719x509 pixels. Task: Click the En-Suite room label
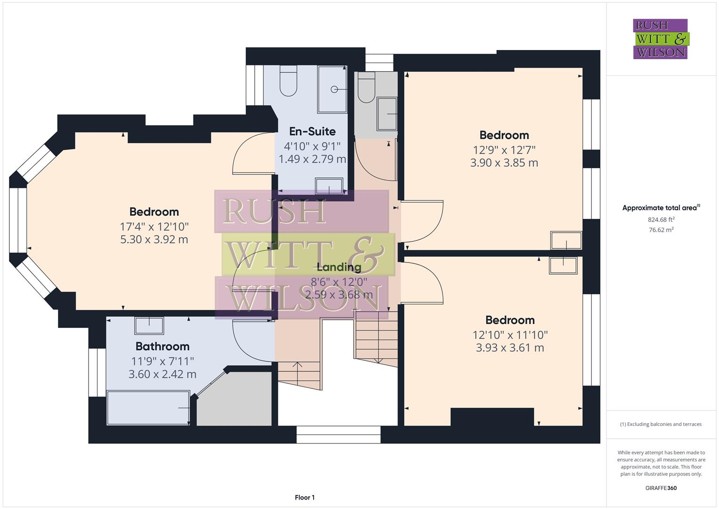[312, 131]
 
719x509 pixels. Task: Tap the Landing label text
[339, 267]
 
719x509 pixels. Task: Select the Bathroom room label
[162, 346]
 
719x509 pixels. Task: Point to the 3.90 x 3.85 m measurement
[504, 163]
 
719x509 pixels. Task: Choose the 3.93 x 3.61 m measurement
[510, 348]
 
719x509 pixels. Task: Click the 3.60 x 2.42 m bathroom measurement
[162, 374]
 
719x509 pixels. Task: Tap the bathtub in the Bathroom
[148, 408]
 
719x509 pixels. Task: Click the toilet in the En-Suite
[288, 82]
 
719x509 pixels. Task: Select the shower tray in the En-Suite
[332, 89]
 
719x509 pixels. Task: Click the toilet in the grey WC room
[366, 88]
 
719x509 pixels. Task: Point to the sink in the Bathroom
[149, 326]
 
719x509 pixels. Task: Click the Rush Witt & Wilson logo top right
[660, 39]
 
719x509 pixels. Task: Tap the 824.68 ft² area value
[661, 220]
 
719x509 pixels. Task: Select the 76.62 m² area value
[661, 230]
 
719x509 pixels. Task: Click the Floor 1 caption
[304, 497]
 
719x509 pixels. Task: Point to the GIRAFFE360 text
[661, 488]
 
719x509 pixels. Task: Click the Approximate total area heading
[661, 208]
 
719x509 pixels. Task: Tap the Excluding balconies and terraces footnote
[661, 424]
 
